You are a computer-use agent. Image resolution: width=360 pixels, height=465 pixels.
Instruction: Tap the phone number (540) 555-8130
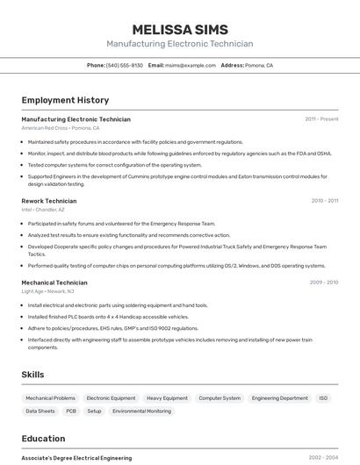click(x=124, y=65)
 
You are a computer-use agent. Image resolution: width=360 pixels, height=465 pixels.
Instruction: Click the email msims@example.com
click(x=191, y=65)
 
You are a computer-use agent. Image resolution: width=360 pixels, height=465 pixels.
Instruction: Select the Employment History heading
click(x=65, y=100)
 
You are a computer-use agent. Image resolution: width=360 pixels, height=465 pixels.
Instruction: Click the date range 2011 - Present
click(x=321, y=119)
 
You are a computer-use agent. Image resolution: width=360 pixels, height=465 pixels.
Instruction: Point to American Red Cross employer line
click(x=61, y=128)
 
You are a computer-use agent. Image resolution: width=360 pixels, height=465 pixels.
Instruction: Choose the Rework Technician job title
click(x=49, y=201)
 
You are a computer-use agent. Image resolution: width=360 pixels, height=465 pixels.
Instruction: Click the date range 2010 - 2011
click(x=324, y=201)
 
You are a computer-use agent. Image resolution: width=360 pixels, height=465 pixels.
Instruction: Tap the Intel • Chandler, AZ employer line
click(x=43, y=210)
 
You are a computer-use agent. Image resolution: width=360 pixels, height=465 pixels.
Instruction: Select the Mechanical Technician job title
click(x=54, y=283)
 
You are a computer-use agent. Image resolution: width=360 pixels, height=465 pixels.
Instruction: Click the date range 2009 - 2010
click(x=323, y=283)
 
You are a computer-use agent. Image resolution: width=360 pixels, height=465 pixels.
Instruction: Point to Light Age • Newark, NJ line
click(x=47, y=291)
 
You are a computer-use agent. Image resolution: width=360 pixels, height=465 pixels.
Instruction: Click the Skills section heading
click(x=32, y=375)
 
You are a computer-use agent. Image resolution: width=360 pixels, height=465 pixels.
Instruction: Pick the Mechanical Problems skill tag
click(x=51, y=398)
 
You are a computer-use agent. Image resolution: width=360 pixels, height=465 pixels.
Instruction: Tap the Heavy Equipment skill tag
click(x=167, y=398)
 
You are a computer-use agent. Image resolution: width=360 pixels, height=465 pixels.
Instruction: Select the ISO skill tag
click(x=323, y=398)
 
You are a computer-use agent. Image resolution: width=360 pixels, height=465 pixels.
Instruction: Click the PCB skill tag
click(x=71, y=411)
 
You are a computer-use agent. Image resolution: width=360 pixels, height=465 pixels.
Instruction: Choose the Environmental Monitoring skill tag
click(x=141, y=411)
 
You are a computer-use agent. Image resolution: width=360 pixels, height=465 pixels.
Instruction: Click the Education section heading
click(x=43, y=439)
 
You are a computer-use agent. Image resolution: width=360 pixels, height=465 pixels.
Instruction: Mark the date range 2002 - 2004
click(x=323, y=458)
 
